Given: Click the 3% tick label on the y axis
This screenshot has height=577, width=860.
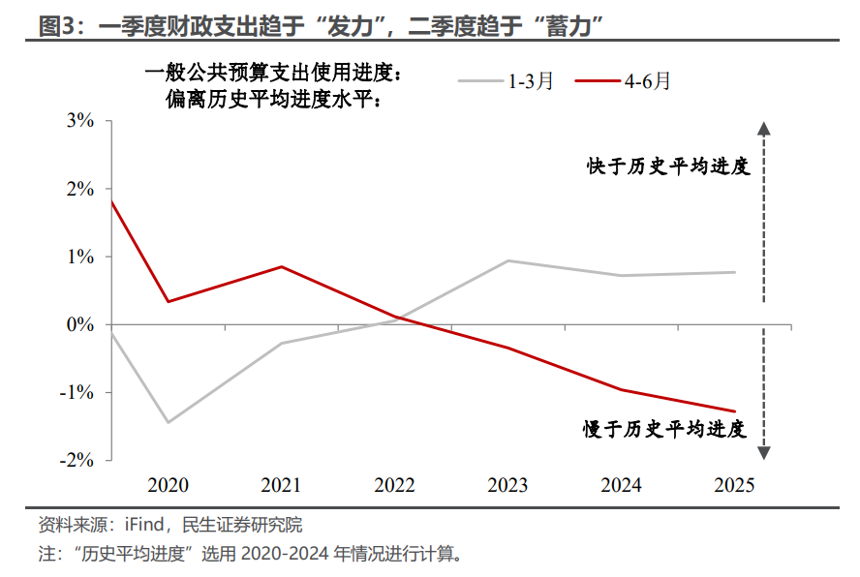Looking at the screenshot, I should [x=79, y=121].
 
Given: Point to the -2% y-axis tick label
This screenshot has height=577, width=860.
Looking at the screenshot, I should [x=77, y=460].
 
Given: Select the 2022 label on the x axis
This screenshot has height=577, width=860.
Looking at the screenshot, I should [x=394, y=485].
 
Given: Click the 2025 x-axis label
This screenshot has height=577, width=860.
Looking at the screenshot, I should [x=734, y=485].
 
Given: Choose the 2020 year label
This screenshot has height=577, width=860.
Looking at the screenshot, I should [x=168, y=485].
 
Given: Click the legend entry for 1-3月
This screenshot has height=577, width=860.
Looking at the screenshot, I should [x=506, y=81].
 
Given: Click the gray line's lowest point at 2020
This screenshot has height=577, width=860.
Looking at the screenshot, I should [x=168, y=422].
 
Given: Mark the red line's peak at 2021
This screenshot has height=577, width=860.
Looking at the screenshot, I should [x=281, y=266].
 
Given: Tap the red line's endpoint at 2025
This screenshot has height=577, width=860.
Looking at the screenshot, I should [x=734, y=411].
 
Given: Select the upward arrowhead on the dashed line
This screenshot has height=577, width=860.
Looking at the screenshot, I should [x=763, y=129].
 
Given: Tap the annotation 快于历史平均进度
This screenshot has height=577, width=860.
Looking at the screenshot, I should [x=668, y=167].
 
